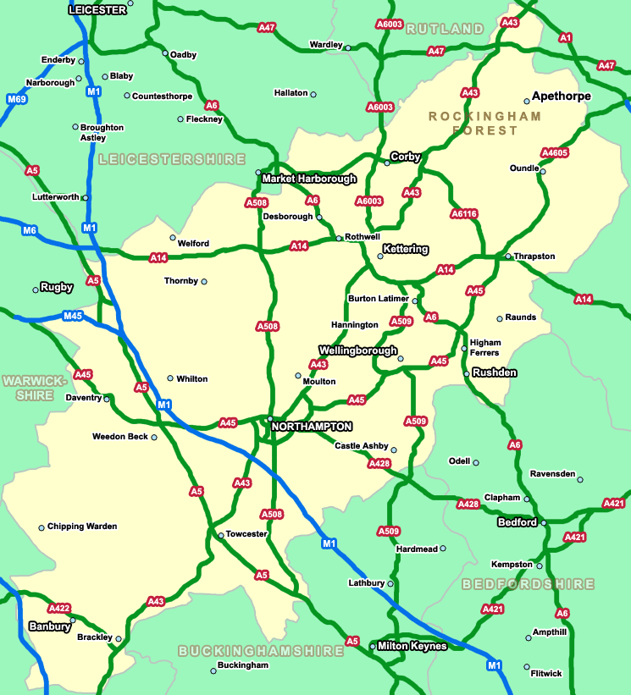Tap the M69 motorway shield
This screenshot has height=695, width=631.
17,100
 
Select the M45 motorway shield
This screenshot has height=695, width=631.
74,316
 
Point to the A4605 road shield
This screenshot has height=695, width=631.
554,153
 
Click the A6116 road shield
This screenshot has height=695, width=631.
464,213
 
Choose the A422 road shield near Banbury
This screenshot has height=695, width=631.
59,608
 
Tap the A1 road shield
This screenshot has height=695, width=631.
566,37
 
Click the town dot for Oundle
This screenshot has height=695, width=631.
543,171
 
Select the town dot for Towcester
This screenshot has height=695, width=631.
220,535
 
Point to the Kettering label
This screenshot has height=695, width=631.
406,250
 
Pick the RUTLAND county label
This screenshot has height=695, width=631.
445,29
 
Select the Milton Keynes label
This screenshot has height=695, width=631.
412,646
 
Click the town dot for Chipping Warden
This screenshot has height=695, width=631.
41,527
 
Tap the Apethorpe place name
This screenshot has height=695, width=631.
562,97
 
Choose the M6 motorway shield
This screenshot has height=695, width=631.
30,230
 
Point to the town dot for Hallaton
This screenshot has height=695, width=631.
313,94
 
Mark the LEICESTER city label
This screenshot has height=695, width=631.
97,9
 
